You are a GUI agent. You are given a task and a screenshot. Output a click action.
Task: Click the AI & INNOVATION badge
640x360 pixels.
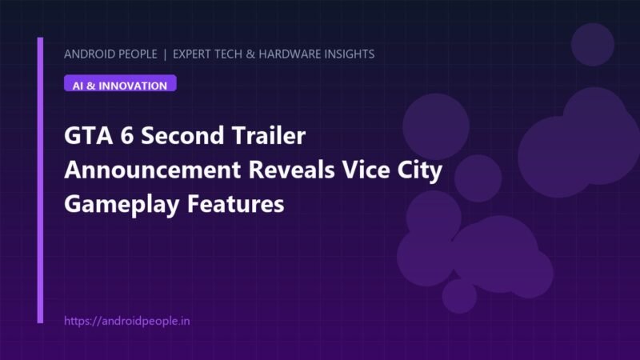pyautogui.click(x=120, y=83)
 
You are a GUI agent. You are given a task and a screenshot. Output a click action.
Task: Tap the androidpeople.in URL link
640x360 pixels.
pyautogui.click(x=127, y=321)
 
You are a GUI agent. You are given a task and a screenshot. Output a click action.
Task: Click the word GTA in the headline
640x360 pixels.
pyautogui.click(x=88, y=135)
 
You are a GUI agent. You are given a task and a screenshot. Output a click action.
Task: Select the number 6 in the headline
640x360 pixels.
pyautogui.click(x=127, y=135)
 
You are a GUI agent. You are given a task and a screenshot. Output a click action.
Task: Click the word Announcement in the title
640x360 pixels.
pyautogui.click(x=152, y=170)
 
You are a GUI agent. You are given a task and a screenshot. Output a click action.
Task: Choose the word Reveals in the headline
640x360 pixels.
pyautogui.click(x=292, y=170)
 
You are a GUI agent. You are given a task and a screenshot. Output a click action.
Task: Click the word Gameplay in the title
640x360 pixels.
pyautogui.click(x=122, y=205)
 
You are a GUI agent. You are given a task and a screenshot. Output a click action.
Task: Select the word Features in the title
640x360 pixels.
pyautogui.click(x=235, y=204)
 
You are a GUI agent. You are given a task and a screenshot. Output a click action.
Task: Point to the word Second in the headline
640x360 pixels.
pyautogui.click(x=182, y=135)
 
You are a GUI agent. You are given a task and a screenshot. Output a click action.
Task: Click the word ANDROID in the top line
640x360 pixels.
pyautogui.click(x=87, y=54)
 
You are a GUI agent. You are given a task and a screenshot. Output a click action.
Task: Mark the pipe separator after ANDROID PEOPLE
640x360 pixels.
pyautogui.click(x=165, y=54)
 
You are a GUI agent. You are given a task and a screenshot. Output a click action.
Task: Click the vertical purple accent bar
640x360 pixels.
pyautogui.click(x=40, y=181)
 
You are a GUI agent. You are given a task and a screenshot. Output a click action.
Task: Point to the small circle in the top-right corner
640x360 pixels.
pyautogui.click(x=593, y=45)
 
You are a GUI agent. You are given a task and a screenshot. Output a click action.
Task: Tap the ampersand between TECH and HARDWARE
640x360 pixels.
pyautogui.click(x=250, y=54)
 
